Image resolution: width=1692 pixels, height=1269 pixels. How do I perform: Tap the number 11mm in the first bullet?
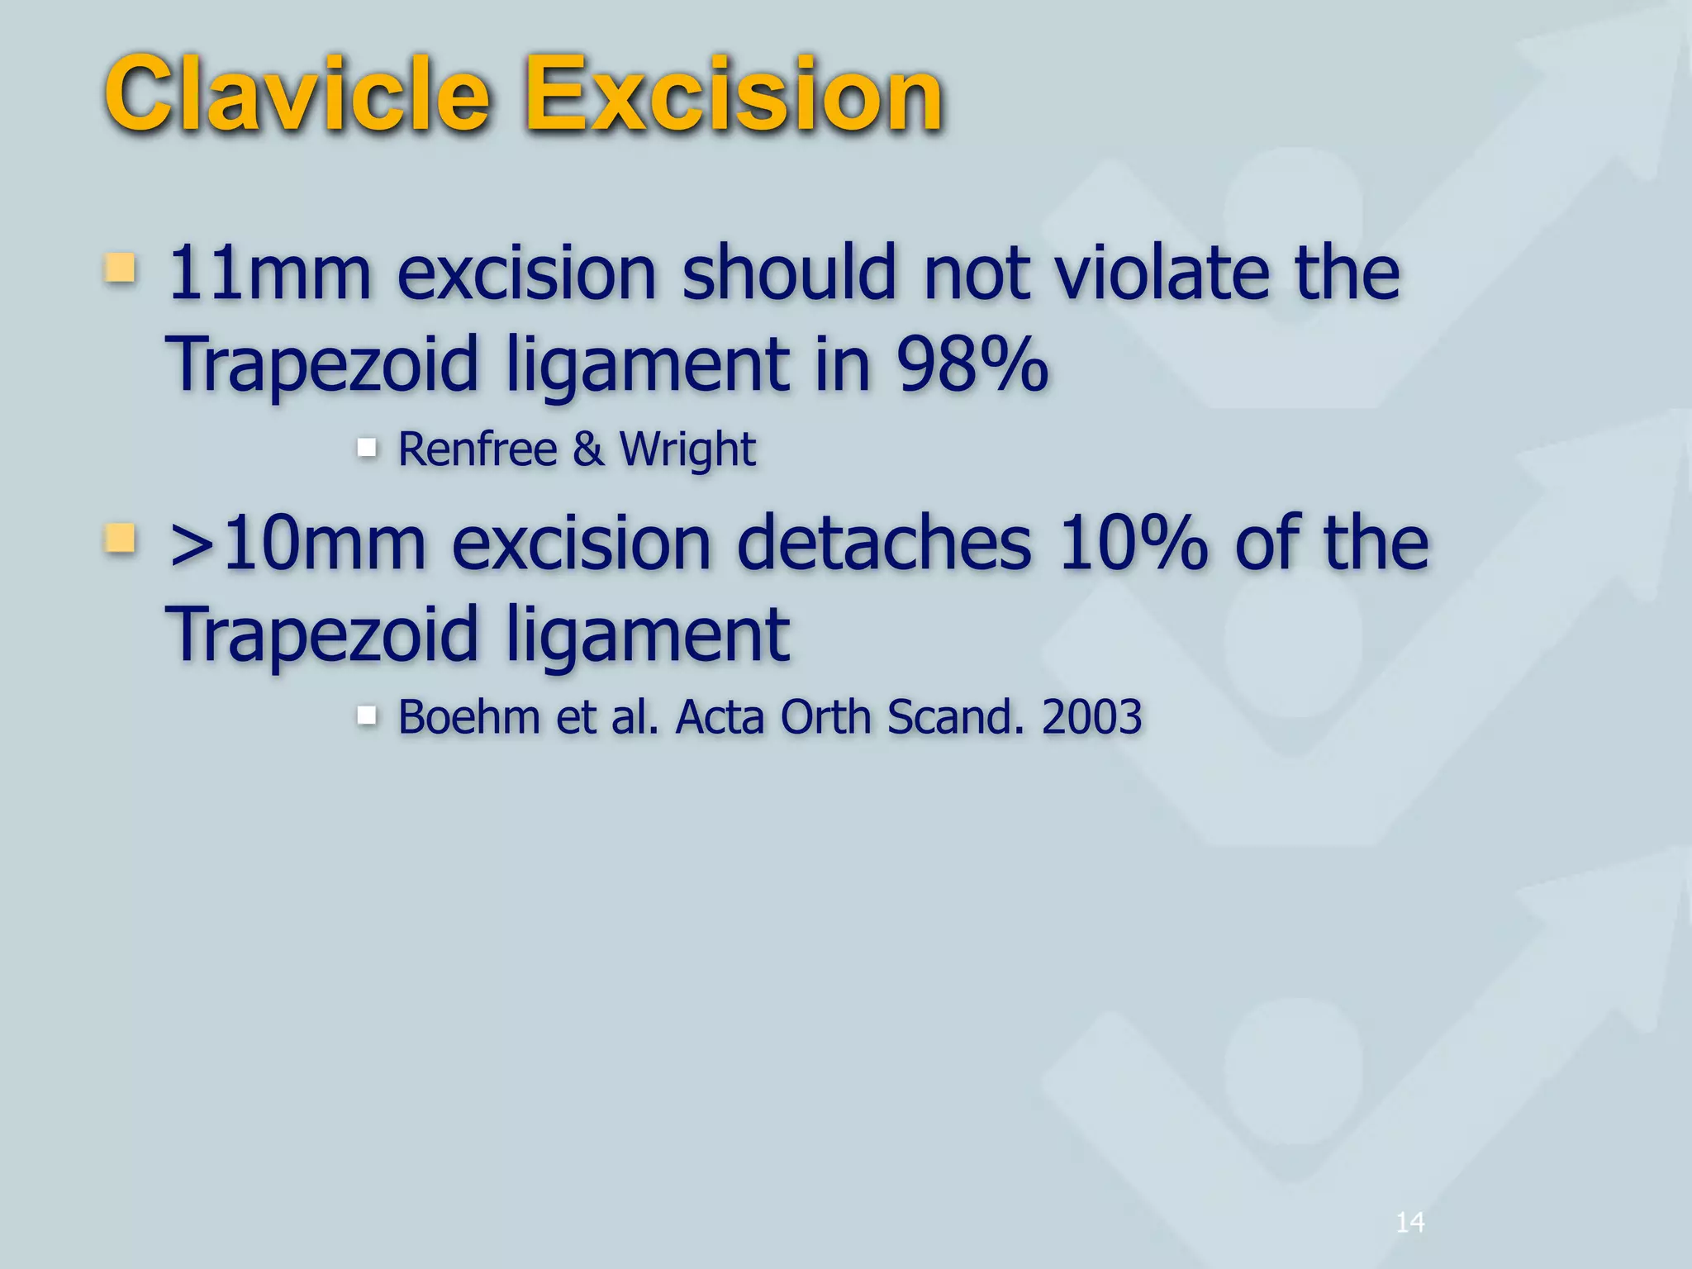tap(269, 273)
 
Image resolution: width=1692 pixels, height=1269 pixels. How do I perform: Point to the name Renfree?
tap(478, 449)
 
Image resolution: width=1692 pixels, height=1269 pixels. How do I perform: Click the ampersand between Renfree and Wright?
tap(587, 449)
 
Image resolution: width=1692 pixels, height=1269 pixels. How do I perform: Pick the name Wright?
tap(687, 451)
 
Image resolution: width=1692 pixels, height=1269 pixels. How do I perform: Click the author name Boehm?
tap(469, 716)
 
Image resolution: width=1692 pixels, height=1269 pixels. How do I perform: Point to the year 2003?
tap(1091, 716)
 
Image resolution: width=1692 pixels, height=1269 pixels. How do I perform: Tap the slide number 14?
tap(1409, 1222)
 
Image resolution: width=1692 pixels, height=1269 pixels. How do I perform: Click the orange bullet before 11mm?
tap(121, 268)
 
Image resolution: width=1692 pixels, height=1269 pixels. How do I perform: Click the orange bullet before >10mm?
tap(121, 538)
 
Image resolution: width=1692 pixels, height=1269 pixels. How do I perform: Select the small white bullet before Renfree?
tap(367, 448)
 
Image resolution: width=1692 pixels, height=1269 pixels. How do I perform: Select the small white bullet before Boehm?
tap(367, 715)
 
